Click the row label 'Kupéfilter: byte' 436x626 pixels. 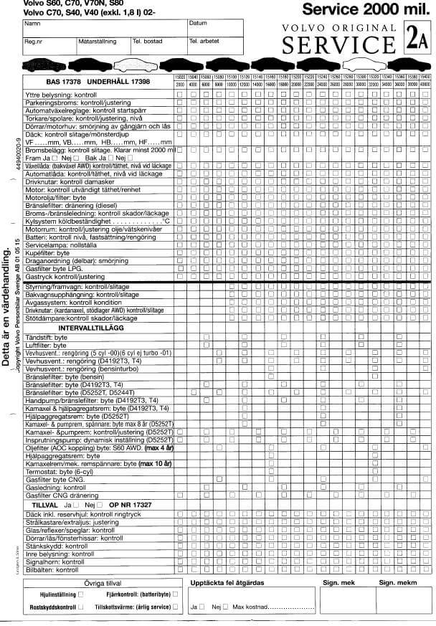tap(47, 253)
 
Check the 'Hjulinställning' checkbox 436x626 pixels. tap(80, 594)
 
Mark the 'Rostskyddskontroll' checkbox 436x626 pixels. tap(80, 607)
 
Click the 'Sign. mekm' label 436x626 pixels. tap(398, 583)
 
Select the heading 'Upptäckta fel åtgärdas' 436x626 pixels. tap(228, 583)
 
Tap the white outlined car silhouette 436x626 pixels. tap(357, 63)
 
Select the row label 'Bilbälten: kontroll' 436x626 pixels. tap(51, 569)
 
